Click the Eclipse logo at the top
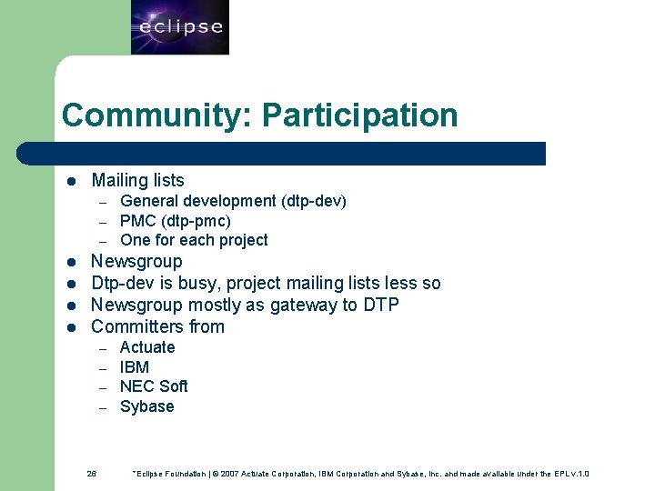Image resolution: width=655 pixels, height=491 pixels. click(180, 27)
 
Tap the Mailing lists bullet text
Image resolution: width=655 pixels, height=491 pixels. click(137, 180)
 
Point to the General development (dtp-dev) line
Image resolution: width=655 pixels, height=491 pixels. click(233, 201)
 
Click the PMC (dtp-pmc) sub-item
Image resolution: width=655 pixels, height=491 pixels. click(176, 221)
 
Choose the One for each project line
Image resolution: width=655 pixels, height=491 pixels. click(194, 240)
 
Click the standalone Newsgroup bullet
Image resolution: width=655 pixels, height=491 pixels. click(136, 262)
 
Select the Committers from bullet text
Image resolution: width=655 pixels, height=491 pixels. click(157, 326)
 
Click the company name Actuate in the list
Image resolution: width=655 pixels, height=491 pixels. click(147, 347)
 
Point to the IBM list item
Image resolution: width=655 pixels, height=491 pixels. click(135, 367)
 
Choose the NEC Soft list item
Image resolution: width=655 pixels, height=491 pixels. click(154, 386)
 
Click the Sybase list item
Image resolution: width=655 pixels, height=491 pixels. click(146, 406)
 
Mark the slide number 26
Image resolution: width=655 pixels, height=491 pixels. click(92, 474)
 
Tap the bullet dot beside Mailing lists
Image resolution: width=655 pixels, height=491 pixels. click(70, 181)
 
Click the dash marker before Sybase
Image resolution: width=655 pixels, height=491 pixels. click(104, 407)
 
